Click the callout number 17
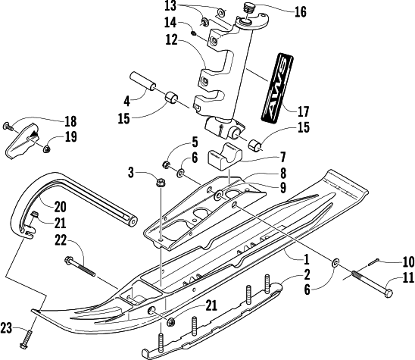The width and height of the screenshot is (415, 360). coord(303,111)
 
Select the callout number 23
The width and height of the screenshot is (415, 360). coord(6,328)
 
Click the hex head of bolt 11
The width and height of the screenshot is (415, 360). coord(388,293)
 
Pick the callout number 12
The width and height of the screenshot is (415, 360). coord(171,39)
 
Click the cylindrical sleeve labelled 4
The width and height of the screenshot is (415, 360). coord(142,81)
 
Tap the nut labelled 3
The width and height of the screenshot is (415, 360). coord(160,182)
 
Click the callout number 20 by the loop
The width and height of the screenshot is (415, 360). coord(61,206)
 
